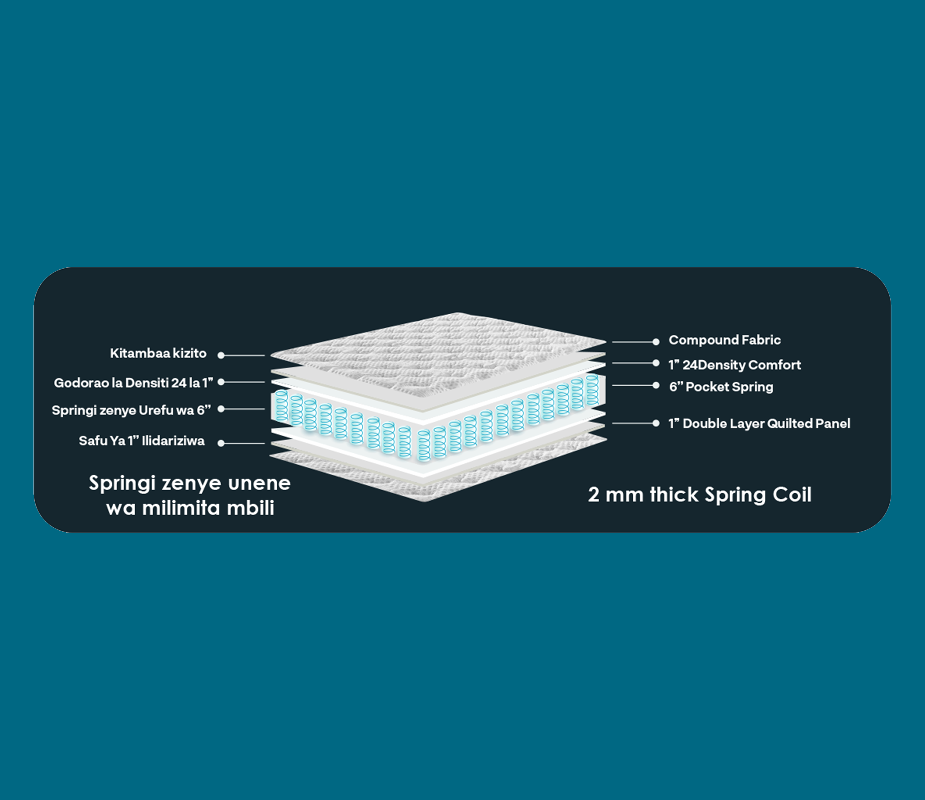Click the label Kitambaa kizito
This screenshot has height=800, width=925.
(158, 353)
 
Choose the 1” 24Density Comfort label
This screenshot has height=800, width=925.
(734, 365)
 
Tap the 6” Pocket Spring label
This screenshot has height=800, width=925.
(721, 387)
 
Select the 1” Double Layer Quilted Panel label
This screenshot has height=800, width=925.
(759, 424)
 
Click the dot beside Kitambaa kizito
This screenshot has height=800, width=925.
(221, 355)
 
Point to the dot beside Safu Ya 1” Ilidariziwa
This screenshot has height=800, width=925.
(221, 443)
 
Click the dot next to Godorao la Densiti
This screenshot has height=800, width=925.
(221, 382)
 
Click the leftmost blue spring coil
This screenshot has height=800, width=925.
(281, 406)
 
